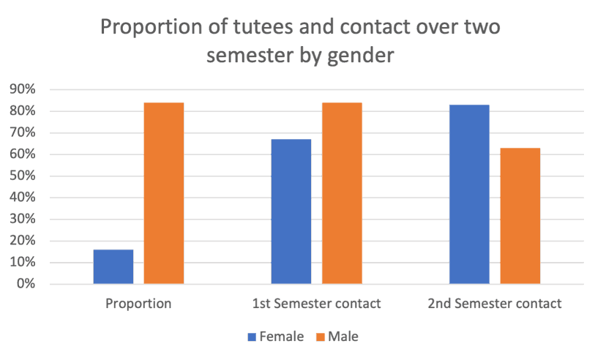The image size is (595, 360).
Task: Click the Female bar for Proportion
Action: (113, 266)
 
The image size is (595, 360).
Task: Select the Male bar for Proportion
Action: (164, 193)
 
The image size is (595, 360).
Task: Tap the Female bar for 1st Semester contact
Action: (291, 211)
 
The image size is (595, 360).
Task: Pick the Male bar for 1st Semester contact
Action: (342, 193)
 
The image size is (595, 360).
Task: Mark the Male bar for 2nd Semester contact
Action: (520, 216)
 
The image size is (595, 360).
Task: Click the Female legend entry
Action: (276, 337)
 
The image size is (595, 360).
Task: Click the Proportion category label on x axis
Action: (138, 303)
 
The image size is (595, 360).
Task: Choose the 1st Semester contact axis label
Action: (316, 303)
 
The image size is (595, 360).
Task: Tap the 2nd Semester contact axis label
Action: (494, 303)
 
